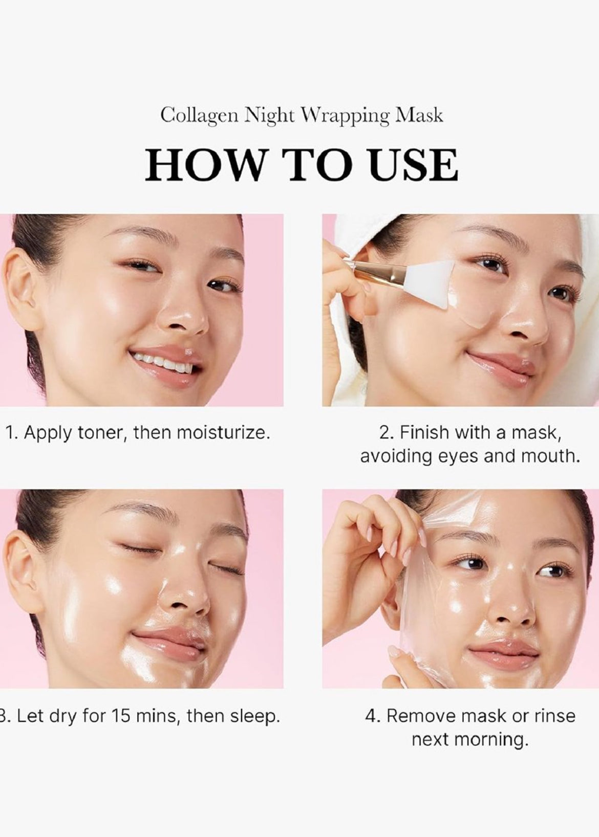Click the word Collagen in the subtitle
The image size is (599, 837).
pos(199,116)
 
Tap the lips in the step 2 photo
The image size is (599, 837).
pos(502,362)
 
